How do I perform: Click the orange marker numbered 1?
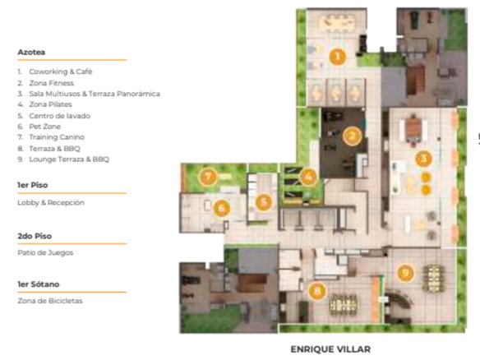[338, 57]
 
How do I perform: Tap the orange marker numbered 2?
[352, 136]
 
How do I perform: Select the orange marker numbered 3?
[423, 159]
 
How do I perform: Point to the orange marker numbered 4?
[308, 177]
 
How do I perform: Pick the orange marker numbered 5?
[264, 202]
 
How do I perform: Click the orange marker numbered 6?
[222, 208]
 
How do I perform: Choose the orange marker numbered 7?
[208, 177]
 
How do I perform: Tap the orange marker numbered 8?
[317, 290]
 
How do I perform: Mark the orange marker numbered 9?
[405, 272]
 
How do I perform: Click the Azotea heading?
[31, 52]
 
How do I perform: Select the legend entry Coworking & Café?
[61, 72]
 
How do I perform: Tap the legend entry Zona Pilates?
[50, 104]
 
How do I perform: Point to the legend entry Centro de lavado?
[60, 116]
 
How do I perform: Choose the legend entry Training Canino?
[57, 137]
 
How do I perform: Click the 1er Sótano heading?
[39, 284]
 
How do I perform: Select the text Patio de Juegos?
[45, 252]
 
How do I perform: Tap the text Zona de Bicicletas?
[50, 301]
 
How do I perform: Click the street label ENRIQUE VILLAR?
[330, 349]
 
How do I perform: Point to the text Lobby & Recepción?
[51, 203]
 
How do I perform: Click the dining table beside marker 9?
[433, 279]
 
